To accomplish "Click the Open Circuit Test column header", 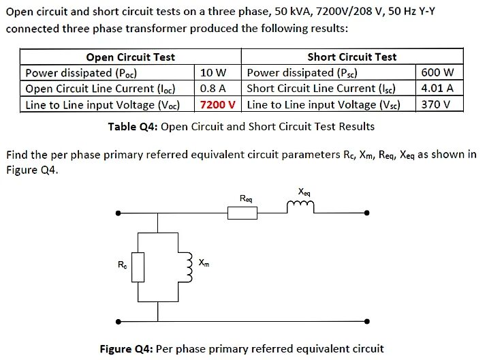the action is tap(130, 57).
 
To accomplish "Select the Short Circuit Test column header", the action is tap(351, 57).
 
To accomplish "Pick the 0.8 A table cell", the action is tap(213, 88).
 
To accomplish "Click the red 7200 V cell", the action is tap(218, 104).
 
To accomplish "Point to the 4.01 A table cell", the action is tap(437, 88).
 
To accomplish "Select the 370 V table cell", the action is tap(436, 104).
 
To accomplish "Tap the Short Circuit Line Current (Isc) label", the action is tap(321, 88).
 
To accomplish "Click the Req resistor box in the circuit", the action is tap(242, 213).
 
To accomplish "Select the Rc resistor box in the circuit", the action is tap(138, 267).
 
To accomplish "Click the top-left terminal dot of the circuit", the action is tap(119, 213).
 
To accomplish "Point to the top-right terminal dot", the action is tap(367, 213).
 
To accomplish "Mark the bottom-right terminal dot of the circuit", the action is tap(367, 320).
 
